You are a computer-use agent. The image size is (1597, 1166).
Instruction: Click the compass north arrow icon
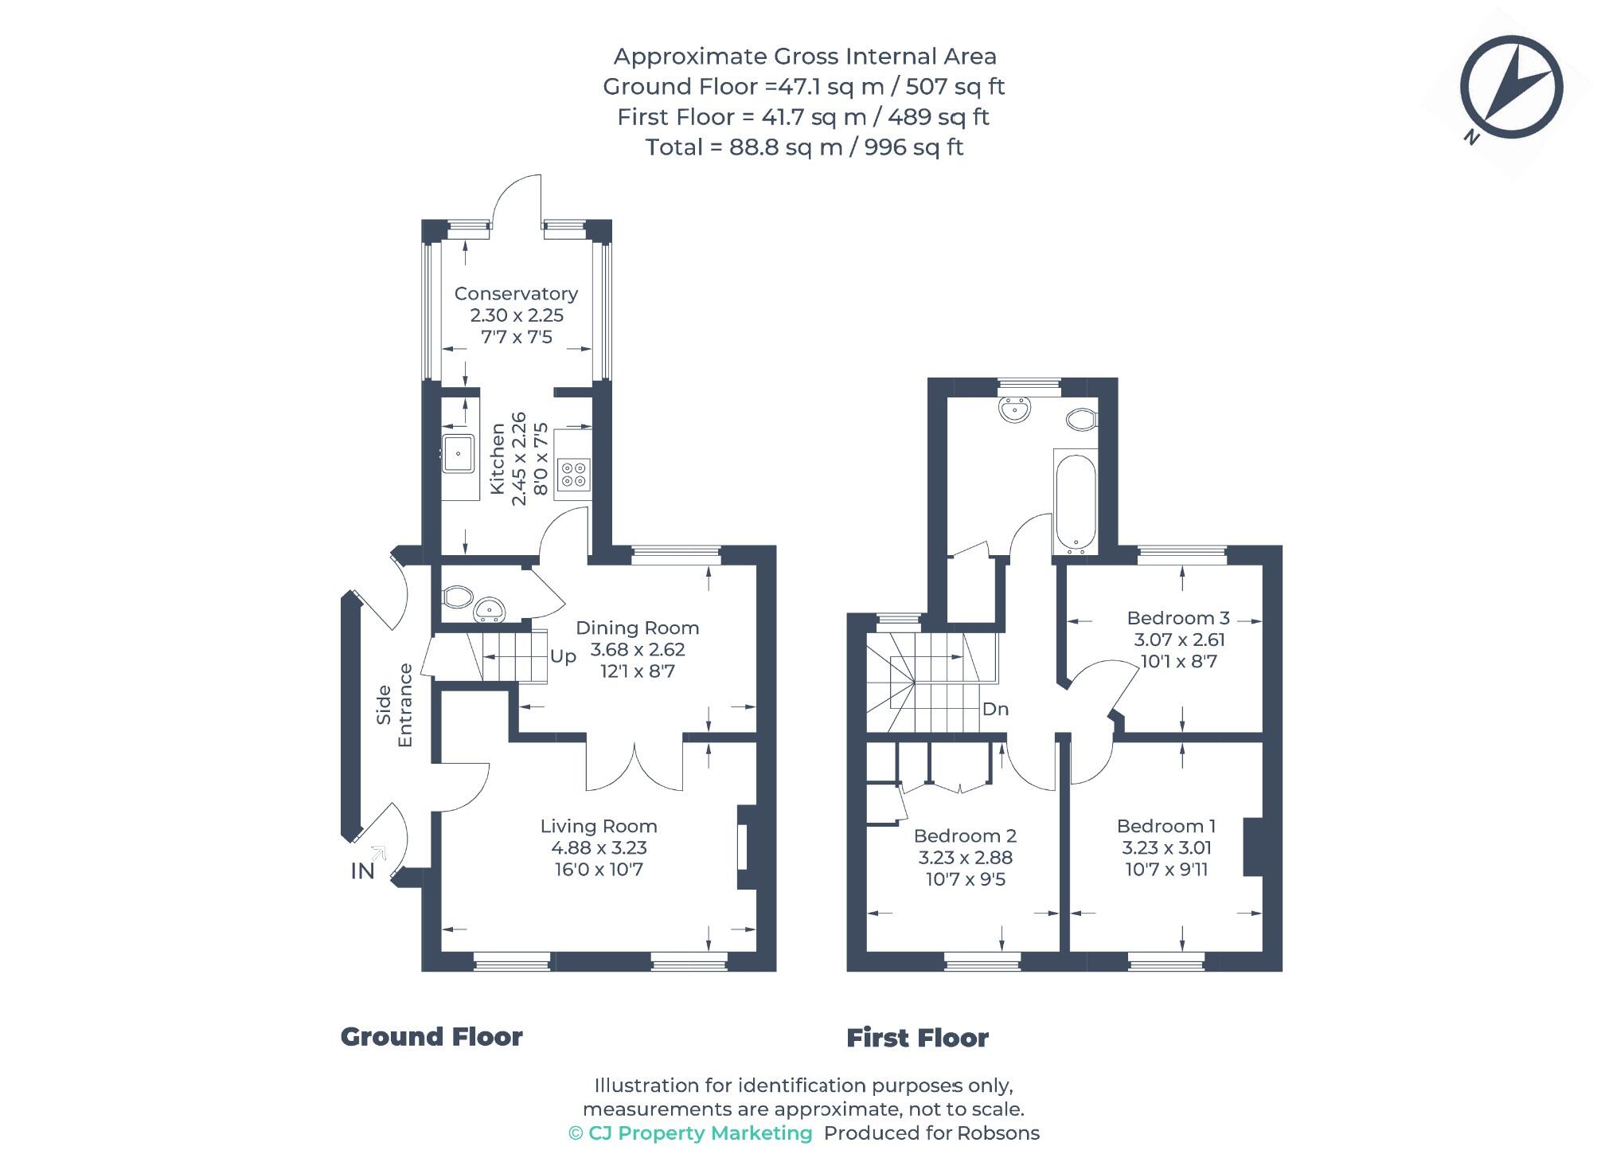coord(1510,88)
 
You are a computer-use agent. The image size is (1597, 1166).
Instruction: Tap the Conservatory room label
coord(516,294)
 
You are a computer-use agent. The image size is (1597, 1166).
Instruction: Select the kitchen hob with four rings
coord(573,474)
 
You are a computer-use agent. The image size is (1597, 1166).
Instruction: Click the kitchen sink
coord(458,455)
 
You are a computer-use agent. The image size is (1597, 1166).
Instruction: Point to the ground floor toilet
coord(457,597)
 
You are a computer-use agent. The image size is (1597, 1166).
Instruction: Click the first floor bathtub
coord(1075,503)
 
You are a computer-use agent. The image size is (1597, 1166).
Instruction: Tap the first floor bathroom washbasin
coord(1014,409)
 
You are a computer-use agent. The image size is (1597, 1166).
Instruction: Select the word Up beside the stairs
coord(563,656)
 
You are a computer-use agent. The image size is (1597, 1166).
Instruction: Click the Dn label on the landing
coord(995,709)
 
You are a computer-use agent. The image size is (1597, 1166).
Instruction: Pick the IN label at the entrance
coord(362,871)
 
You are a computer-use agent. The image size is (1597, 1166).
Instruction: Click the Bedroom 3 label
coord(1178,618)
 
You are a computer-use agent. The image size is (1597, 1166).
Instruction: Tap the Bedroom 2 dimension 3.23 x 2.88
coord(965,858)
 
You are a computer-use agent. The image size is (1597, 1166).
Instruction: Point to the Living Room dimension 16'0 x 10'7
coord(599,870)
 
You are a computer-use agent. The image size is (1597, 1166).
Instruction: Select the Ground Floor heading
coord(431,1037)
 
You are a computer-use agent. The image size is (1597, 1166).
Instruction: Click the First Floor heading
coord(917,1038)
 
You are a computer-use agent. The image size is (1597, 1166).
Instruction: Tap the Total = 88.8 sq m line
coord(804,147)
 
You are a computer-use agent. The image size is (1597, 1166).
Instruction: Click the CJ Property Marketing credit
coord(690,1133)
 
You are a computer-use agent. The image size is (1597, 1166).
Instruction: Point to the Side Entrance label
coord(395,705)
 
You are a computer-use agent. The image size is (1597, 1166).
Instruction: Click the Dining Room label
coord(637,628)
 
